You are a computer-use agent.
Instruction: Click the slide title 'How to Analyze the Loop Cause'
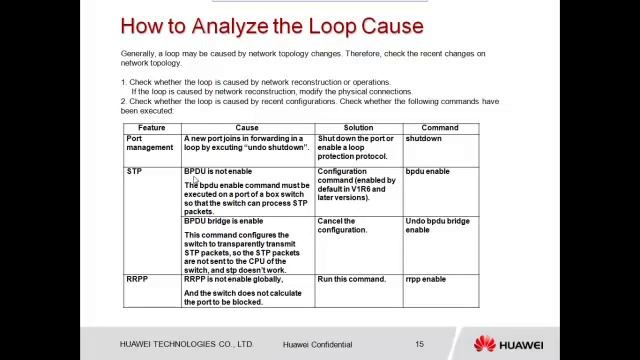pos(271,26)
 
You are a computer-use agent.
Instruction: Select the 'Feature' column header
pos(152,128)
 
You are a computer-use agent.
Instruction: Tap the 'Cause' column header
pos(247,128)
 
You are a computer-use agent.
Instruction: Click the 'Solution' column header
pos(358,128)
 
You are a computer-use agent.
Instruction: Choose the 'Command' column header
pos(440,128)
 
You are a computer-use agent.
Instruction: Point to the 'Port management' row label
pos(150,143)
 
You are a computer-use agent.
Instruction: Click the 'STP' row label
pos(134,172)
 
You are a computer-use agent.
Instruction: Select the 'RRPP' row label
pos(137,279)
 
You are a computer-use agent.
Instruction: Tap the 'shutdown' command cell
pos(423,139)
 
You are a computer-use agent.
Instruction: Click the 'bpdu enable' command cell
pos(427,172)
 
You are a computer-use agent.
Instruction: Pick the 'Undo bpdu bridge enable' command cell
pos(437,225)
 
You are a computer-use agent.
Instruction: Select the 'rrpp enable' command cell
pos(426,279)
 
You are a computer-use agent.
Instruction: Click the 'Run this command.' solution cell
pos(351,279)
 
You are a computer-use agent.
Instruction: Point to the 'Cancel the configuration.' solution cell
pos(343,225)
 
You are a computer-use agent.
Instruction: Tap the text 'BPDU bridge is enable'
pos(224,221)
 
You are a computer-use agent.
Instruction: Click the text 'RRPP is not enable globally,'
pos(233,279)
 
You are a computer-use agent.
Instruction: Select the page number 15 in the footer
pos(420,344)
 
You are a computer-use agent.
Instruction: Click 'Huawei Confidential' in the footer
pos(317,344)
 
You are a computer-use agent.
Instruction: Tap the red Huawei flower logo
pos(485,344)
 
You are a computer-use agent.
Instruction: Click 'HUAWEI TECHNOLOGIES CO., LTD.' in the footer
pos(186,344)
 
